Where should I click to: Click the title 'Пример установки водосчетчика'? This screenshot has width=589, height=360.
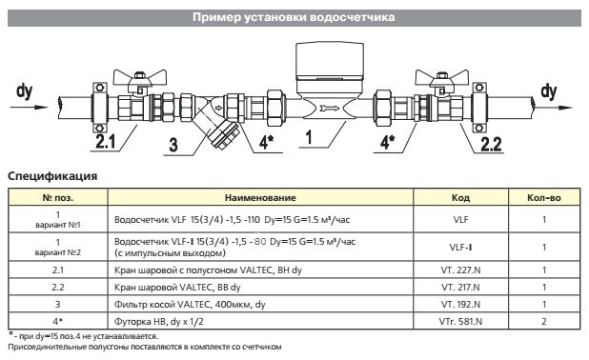(294, 17)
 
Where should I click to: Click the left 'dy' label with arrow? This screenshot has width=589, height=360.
(25, 91)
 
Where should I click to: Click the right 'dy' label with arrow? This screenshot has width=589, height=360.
(549, 91)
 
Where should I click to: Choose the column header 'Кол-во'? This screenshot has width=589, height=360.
(542, 198)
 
